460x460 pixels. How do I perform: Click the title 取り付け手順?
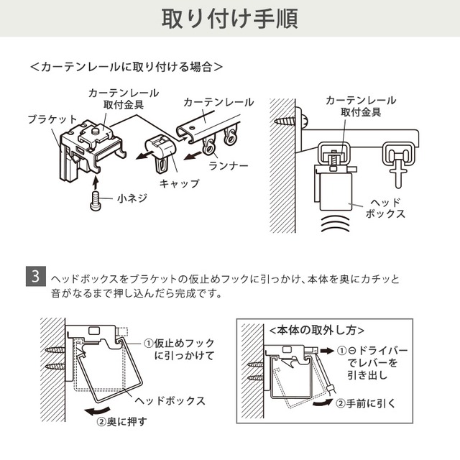tap(230, 19)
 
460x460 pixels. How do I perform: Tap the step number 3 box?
tap(36, 276)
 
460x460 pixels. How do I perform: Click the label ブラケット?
tap(52, 119)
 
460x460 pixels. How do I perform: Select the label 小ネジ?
tap(132, 198)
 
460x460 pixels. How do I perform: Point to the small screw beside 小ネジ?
tap(95, 201)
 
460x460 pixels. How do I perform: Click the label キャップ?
tap(179, 184)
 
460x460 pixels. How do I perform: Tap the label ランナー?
tap(229, 166)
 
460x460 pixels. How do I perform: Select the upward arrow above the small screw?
tap(95, 182)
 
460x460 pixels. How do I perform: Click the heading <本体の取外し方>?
tap(316, 331)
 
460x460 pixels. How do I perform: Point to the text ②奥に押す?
tap(121, 422)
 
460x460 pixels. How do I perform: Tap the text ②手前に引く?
tap(366, 404)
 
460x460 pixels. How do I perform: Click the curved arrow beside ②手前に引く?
tap(323, 402)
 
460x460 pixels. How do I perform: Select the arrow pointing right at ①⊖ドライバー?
tap(327, 351)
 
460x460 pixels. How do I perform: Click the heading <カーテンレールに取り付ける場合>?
tap(126, 67)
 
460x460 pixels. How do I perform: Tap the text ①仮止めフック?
tap(179, 343)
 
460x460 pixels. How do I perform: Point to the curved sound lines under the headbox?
tap(336, 224)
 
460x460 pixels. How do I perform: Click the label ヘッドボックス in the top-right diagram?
tap(385, 208)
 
